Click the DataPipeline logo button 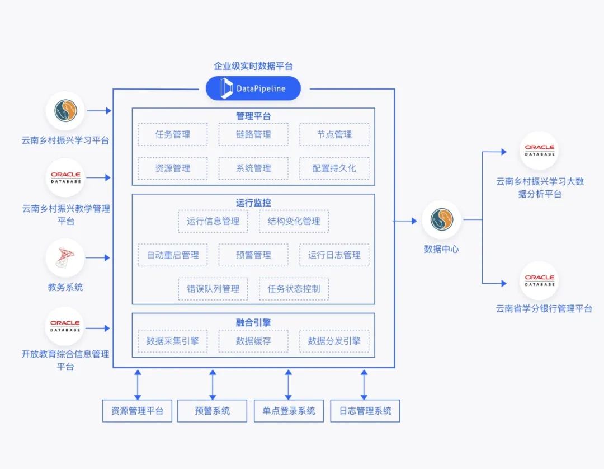point(253,88)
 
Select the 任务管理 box point(173,134)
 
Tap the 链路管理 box point(253,134)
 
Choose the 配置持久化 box point(334,168)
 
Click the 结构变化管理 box point(294,221)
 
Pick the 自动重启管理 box point(173,255)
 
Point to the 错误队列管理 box point(213,289)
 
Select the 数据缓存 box point(253,341)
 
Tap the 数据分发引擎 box point(334,341)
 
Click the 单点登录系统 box point(289,411)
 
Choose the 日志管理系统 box point(365,411)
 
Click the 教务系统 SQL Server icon point(65,258)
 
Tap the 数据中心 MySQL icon point(441,219)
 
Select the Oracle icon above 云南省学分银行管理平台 point(539,280)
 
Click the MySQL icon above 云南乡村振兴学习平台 point(65,111)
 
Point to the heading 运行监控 point(253,203)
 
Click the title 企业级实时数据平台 point(253,66)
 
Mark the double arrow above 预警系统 point(213,384)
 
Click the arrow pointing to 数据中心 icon point(405,221)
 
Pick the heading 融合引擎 point(253,322)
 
